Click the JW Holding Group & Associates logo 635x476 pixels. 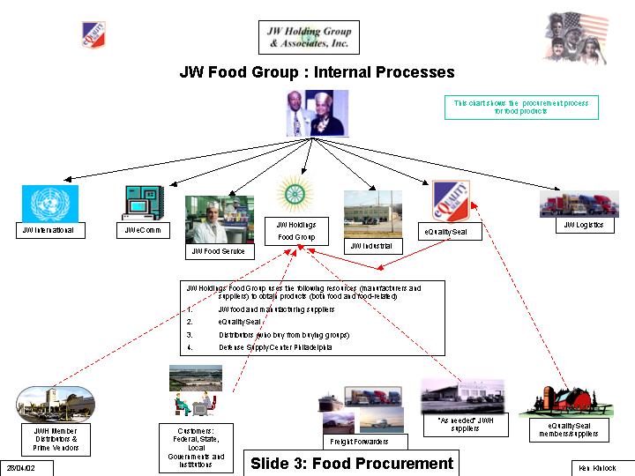[309, 37]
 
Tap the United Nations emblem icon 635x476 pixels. [50, 203]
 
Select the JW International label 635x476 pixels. [50, 230]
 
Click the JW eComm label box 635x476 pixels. [137, 230]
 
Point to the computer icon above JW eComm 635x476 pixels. [143, 203]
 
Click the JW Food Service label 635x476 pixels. [219, 251]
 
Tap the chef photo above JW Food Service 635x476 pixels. [218, 219]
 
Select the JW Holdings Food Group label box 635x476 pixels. [296, 231]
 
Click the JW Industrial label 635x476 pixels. [372, 246]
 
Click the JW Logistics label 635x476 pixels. [583, 225]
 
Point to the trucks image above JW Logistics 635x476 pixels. [579, 205]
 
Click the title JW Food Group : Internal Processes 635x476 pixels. [317, 72]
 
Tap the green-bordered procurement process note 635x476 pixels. [520, 108]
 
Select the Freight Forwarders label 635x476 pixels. [359, 441]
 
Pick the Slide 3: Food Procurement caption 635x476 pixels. [352, 464]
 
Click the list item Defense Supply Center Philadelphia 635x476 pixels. [275, 347]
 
